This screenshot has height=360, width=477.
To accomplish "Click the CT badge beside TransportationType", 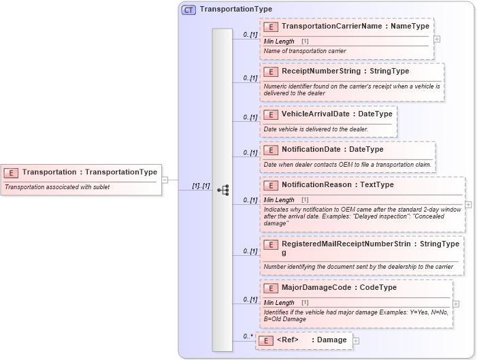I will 188,10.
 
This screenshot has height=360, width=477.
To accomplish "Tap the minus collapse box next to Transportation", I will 165,180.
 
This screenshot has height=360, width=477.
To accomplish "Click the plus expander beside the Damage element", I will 356,340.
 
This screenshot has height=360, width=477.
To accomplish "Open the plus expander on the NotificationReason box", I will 468,204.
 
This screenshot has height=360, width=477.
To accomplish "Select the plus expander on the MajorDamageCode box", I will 455,304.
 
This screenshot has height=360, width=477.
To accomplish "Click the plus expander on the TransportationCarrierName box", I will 437,39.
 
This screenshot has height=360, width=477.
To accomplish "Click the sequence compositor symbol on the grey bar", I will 223,190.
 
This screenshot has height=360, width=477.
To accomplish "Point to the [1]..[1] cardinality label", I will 201,186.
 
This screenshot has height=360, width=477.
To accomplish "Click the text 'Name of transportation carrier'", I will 305,51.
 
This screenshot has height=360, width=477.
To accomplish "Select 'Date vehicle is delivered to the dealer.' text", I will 316,129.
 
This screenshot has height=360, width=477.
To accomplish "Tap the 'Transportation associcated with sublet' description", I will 57,187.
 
